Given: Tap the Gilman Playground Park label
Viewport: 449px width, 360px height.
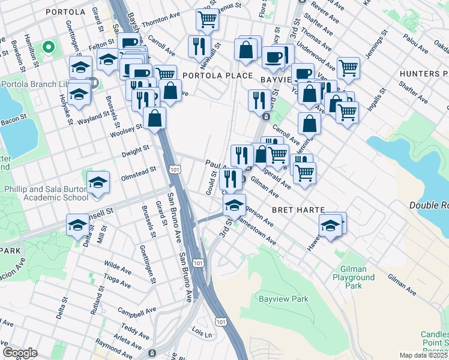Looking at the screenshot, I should pos(357,277).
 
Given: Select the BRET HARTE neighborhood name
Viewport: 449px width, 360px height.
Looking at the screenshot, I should pos(298,211).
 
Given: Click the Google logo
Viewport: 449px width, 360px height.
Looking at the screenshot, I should pos(20,353).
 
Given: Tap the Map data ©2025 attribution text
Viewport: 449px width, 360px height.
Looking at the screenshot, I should pos(423,355).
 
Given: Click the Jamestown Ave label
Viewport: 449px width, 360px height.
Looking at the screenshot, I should pos(256,233).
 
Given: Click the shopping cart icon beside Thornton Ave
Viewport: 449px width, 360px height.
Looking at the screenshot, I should pos(207,20).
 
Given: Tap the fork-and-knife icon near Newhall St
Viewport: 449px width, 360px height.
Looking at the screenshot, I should pos(199,46).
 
